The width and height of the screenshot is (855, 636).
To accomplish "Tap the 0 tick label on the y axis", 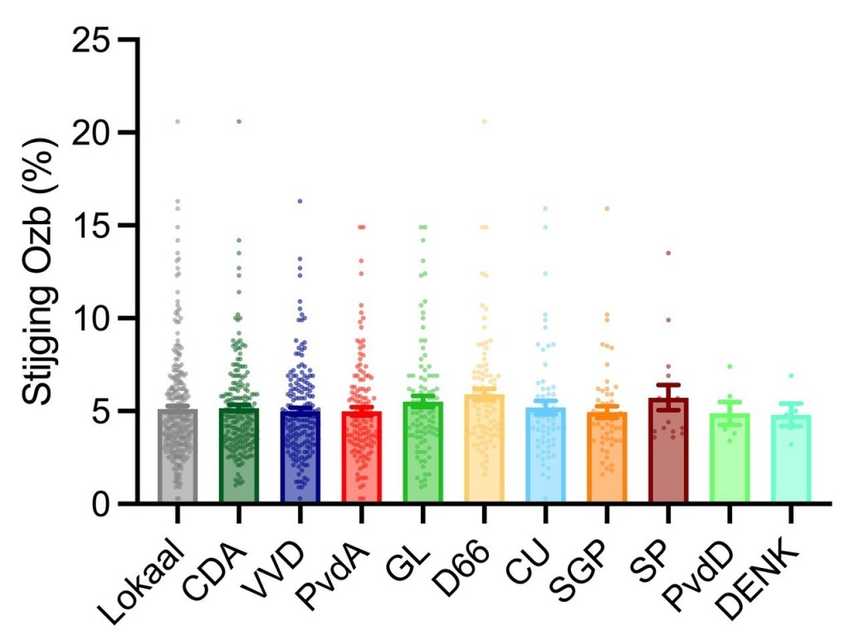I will [x=102, y=503].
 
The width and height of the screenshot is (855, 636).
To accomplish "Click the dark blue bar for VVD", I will [x=300, y=456].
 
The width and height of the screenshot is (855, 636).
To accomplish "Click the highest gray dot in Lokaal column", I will [x=177, y=122].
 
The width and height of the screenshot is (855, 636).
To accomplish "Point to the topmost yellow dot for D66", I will [x=484, y=122].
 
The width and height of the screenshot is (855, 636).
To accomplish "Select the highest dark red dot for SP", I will [x=668, y=252].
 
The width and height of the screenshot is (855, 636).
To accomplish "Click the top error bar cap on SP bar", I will [x=668, y=384].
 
